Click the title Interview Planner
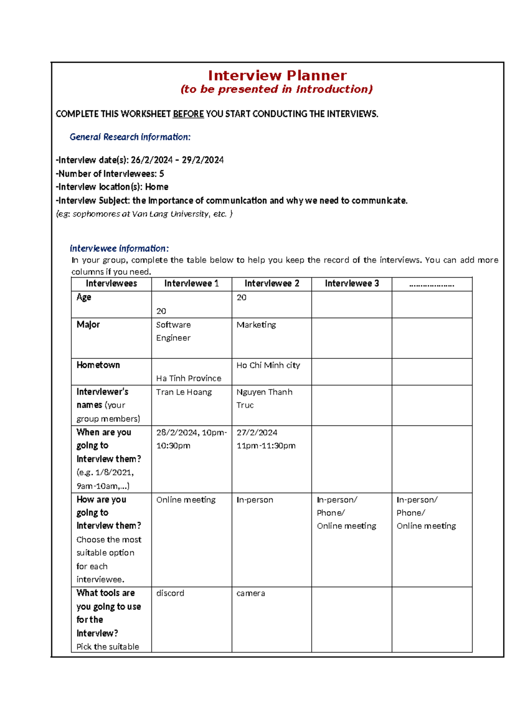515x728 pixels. click(x=277, y=76)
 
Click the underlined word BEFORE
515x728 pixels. click(x=188, y=114)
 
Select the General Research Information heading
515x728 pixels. click(x=130, y=137)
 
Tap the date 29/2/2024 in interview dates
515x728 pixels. click(x=203, y=160)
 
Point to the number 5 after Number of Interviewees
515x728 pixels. click(x=161, y=174)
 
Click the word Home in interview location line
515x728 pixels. click(x=157, y=187)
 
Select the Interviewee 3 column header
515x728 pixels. click(x=351, y=284)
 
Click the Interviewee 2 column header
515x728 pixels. click(x=272, y=284)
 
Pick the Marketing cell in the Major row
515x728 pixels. click(x=256, y=325)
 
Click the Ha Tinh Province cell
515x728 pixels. click(x=188, y=378)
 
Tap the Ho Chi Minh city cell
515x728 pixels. click(x=268, y=365)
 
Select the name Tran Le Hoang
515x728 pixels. click(x=184, y=392)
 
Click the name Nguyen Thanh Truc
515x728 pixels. click(x=264, y=398)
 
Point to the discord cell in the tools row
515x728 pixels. click(x=170, y=593)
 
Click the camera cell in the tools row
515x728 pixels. click(x=250, y=593)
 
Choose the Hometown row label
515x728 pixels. click(x=98, y=365)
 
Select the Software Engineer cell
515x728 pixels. click(x=173, y=331)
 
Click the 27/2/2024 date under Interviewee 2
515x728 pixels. click(x=257, y=433)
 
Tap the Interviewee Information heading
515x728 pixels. click(x=119, y=249)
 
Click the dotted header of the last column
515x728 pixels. click(x=431, y=284)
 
